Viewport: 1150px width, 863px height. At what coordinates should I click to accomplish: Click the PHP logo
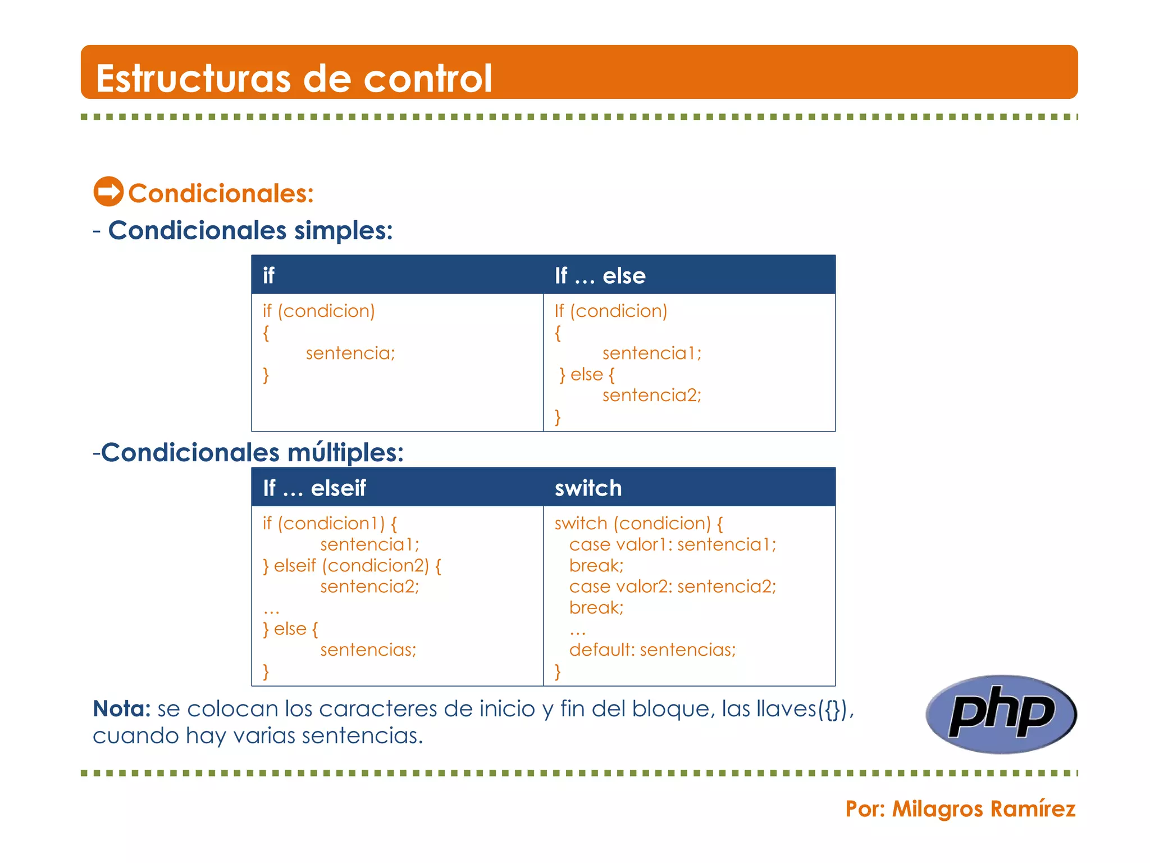click(x=1001, y=714)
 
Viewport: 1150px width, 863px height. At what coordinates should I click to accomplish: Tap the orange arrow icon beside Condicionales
click(x=108, y=192)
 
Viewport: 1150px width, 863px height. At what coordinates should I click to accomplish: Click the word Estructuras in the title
click(x=193, y=78)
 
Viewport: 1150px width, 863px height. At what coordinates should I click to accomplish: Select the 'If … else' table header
click(x=600, y=275)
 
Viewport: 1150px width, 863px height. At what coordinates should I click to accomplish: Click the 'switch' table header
click(x=588, y=488)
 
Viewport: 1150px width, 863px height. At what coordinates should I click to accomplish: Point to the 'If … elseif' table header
click(x=314, y=488)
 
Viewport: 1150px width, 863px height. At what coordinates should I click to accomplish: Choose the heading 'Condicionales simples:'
click(x=250, y=230)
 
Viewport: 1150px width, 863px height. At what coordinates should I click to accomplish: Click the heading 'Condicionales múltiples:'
click(x=252, y=452)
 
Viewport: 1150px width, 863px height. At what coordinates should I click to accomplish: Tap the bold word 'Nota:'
click(x=121, y=708)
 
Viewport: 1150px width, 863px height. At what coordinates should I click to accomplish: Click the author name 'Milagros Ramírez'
click(x=983, y=809)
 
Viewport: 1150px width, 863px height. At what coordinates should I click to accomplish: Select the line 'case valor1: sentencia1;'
click(x=672, y=544)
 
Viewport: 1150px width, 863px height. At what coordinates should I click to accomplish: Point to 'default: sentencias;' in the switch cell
click(x=652, y=649)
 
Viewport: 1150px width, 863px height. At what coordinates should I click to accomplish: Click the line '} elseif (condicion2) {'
click(x=352, y=565)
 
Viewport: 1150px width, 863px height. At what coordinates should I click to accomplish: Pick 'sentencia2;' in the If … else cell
click(x=651, y=395)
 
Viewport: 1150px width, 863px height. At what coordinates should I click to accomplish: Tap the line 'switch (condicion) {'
click(x=638, y=523)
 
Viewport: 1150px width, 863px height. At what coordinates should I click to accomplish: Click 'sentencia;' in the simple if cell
click(x=350, y=353)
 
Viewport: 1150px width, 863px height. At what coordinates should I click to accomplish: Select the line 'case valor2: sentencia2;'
click(x=672, y=586)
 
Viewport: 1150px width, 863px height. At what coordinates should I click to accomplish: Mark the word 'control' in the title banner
click(x=427, y=78)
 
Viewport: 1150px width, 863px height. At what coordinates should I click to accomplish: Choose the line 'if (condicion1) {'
click(x=330, y=523)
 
